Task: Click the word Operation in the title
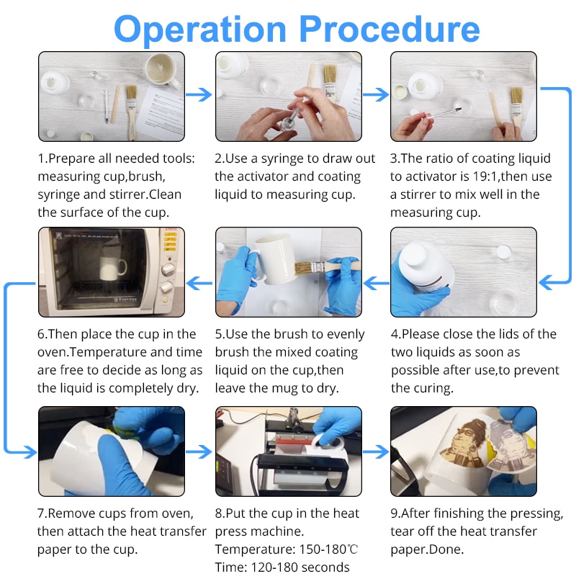[200, 30]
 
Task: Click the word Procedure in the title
[390, 29]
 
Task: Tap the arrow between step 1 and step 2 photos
[199, 94]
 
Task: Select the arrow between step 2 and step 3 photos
[376, 94]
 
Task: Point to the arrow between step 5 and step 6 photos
[199, 283]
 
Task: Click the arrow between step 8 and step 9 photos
[376, 452]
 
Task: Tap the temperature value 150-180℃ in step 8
[328, 549]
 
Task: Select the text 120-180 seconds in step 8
[300, 567]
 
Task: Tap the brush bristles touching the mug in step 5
[302, 269]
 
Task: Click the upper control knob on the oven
[168, 269]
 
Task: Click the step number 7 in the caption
[40, 513]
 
